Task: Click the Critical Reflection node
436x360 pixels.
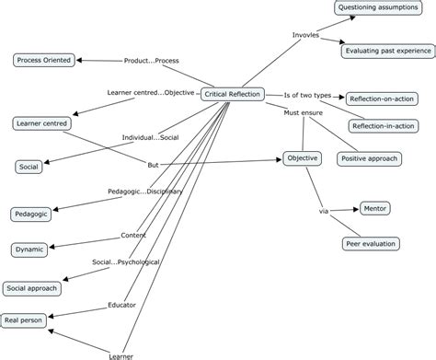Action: coord(233,94)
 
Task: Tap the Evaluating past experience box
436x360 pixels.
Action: coord(385,52)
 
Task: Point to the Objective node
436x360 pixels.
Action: coord(302,158)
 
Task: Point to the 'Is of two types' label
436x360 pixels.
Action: coord(307,95)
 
